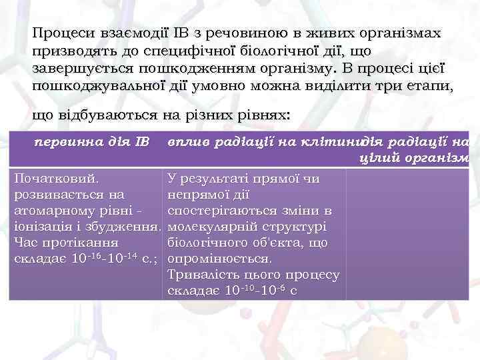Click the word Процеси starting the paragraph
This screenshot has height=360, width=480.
point(61,33)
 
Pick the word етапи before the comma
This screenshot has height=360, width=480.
point(426,85)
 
